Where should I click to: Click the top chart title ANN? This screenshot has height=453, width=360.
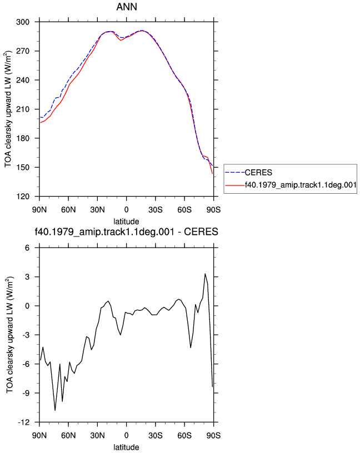127,7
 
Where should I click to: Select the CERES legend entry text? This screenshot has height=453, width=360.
258,173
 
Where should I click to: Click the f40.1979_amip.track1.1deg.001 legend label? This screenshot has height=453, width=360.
301,185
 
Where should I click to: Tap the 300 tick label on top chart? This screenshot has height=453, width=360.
23,22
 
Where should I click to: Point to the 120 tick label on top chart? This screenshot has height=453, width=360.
23,197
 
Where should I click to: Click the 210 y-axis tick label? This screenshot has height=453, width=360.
23,109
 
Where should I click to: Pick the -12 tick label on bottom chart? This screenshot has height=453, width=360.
24,422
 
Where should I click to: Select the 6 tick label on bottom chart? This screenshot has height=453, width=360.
27,248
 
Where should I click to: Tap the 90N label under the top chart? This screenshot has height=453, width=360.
39,209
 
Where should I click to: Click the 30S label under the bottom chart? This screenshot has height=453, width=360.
156,435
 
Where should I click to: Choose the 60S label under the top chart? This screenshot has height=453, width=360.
184,209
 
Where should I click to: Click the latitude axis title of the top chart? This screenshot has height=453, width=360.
126,222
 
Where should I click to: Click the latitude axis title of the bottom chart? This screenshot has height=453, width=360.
126,447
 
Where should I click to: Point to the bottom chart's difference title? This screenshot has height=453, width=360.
126,231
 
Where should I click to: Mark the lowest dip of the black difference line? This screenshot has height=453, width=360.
55,410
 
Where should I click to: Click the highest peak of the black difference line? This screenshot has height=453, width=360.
205,274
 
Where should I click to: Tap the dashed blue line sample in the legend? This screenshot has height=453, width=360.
235,173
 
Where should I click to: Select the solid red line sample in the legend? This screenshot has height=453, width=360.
235,185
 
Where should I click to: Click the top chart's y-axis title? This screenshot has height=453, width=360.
8,109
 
